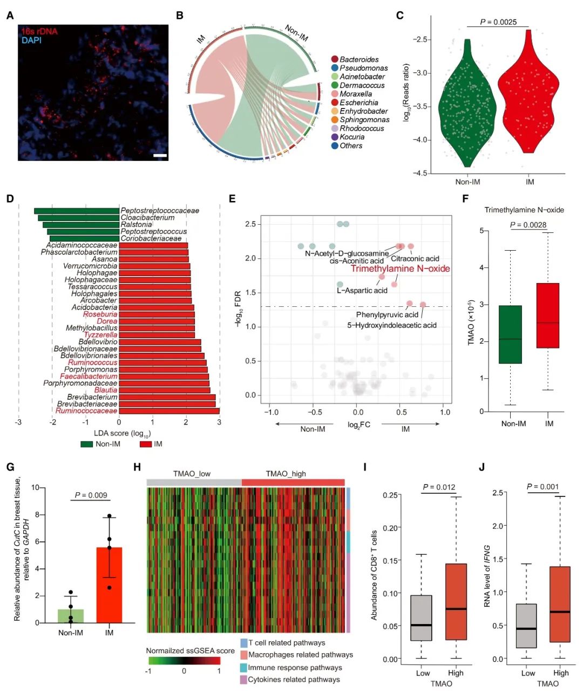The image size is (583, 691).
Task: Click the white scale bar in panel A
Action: [x=160, y=156]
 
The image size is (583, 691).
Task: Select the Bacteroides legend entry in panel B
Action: [x=358, y=59]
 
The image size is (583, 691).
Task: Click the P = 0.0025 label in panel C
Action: [x=498, y=22]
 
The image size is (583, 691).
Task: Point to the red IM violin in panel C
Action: [x=528, y=97]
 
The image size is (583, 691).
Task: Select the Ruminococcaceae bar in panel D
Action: [x=169, y=411]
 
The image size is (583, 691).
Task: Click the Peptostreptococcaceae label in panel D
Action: [x=160, y=211]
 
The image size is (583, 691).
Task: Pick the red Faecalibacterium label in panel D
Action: [x=89, y=377]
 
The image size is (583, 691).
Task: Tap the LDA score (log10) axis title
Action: [x=123, y=433]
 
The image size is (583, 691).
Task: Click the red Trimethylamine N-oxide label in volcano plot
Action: [x=400, y=269]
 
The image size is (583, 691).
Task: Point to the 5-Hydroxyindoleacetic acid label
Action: [x=391, y=325]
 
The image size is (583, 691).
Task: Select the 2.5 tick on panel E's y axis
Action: [x=250, y=224]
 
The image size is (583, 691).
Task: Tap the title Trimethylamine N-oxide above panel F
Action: [x=524, y=210]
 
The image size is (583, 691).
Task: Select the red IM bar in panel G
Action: [x=109, y=585]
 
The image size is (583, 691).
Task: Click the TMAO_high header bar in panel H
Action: [x=293, y=482]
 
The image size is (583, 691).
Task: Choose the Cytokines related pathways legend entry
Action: [x=294, y=680]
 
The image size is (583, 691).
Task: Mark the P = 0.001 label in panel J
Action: [x=543, y=487]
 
